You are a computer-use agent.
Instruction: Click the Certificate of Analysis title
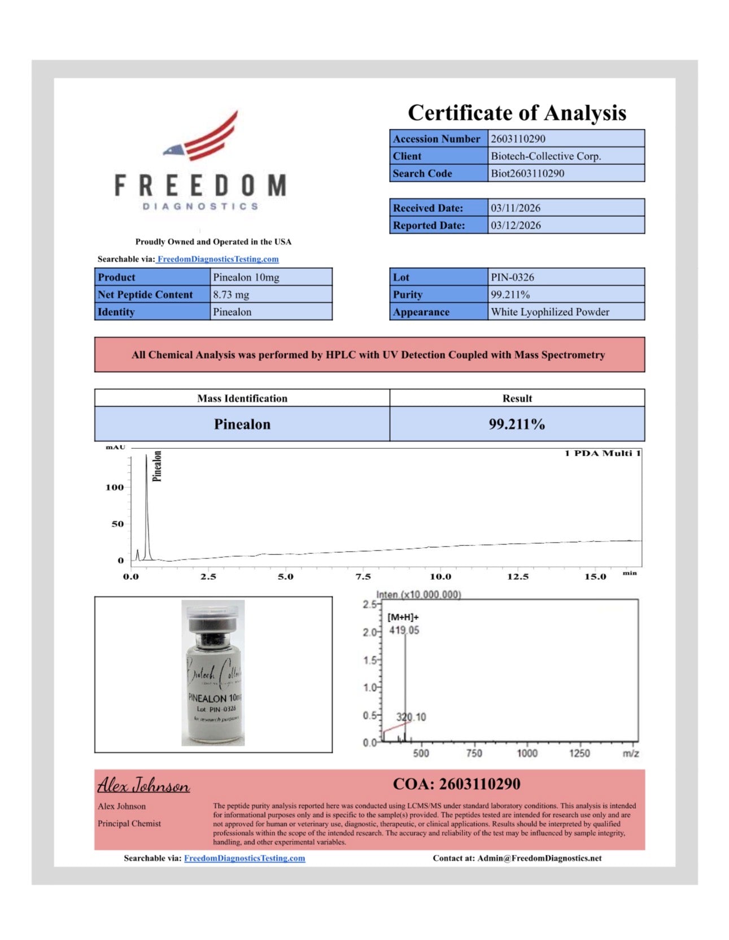click(x=517, y=113)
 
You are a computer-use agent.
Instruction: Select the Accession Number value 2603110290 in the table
click(x=518, y=139)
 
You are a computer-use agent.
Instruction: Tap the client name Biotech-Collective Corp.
click(x=545, y=156)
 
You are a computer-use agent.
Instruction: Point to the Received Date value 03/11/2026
click(x=516, y=208)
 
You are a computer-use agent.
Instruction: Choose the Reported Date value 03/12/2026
click(x=516, y=225)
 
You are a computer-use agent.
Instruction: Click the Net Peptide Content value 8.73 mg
click(x=231, y=295)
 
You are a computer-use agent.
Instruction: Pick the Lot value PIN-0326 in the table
click(x=512, y=277)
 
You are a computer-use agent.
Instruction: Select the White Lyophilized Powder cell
click(x=550, y=312)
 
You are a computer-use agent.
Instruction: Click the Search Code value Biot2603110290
click(x=527, y=173)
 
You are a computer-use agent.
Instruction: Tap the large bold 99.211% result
click(x=517, y=425)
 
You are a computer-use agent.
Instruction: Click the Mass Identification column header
click(x=242, y=399)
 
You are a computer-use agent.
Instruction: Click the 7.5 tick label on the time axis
click(x=363, y=577)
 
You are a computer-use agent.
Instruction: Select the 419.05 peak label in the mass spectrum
click(x=404, y=631)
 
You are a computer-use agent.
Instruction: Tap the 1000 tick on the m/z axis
click(x=527, y=753)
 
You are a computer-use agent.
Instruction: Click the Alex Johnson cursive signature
click(x=143, y=785)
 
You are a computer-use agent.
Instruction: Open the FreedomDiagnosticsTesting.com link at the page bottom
click(x=245, y=858)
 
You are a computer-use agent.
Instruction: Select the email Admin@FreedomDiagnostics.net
click(x=539, y=858)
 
